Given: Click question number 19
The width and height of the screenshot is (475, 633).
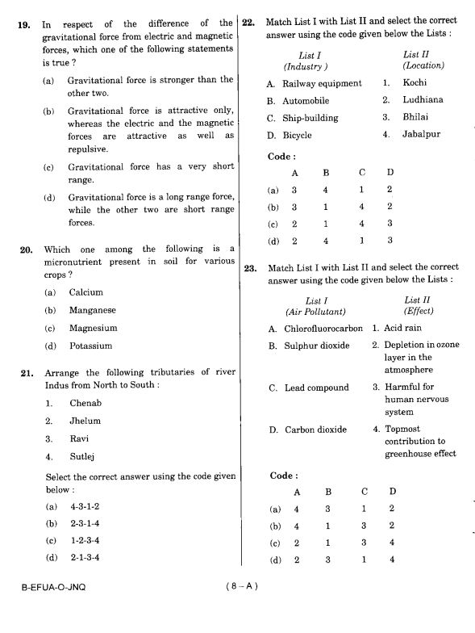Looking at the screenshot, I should point(26,24).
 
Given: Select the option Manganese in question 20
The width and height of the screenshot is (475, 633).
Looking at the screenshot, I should point(92,310).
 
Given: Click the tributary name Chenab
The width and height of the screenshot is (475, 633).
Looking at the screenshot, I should point(85,402).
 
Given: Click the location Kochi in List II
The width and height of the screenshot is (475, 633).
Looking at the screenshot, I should point(415,82).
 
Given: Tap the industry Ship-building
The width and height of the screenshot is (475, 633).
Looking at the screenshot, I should point(310,118).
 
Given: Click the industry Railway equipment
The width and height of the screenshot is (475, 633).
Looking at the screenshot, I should point(322,83).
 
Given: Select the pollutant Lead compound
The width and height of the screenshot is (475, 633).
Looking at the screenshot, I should point(316,388).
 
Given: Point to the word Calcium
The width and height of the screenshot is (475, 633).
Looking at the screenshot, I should point(85,292).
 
